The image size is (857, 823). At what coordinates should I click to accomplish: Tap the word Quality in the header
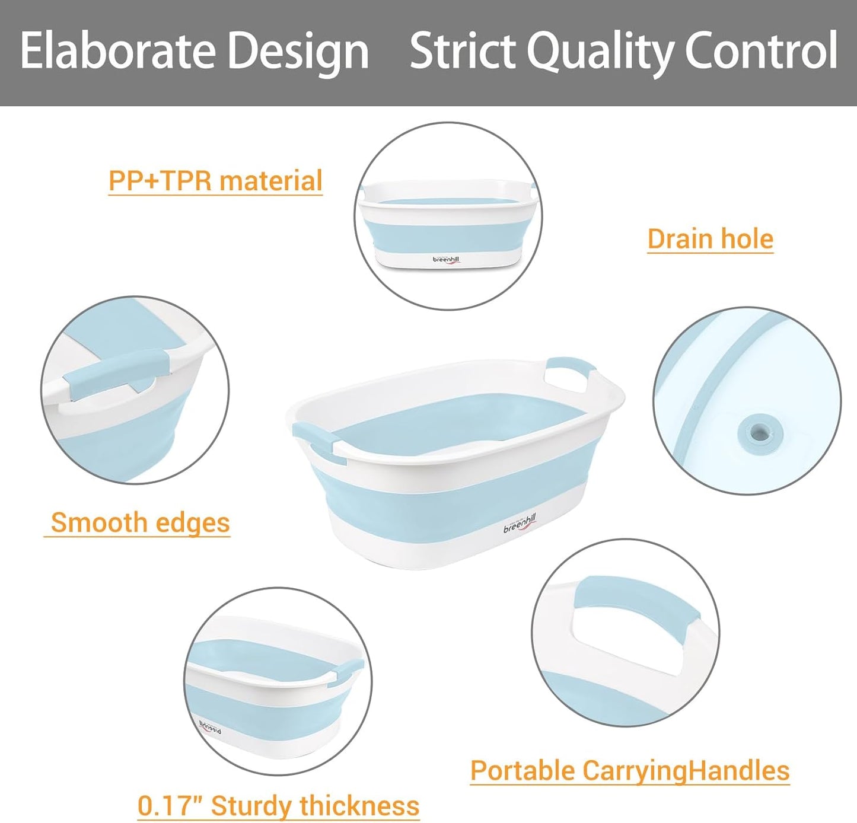tap(599, 51)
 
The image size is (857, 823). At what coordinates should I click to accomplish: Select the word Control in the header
tap(761, 51)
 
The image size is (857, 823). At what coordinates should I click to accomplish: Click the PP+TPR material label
tap(215, 181)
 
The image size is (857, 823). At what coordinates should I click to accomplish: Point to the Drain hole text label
tap(710, 239)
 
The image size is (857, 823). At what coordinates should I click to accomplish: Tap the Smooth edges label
tap(139, 523)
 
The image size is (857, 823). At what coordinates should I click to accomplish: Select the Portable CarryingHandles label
tap(630, 771)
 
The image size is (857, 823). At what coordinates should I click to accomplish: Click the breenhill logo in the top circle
tap(446, 260)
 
